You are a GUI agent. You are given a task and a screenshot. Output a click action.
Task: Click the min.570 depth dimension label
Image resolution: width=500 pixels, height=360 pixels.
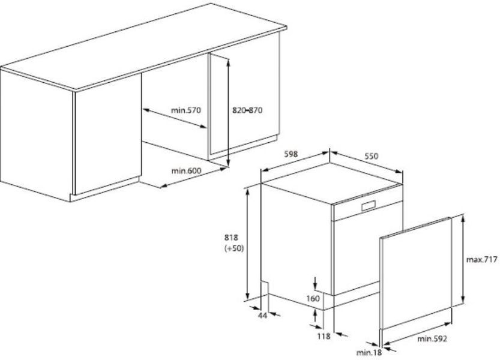(186, 110)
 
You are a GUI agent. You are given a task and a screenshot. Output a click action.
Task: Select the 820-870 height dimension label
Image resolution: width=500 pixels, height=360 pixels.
(247, 110)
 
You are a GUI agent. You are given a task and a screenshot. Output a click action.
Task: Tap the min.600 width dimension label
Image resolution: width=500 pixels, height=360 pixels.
(186, 170)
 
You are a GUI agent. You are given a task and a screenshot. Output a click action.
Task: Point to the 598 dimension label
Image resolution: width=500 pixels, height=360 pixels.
(290, 154)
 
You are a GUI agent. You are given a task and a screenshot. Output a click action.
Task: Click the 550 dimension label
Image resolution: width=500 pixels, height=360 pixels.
(371, 156)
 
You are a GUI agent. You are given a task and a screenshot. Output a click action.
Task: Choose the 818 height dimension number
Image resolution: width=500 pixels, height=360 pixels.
(231, 238)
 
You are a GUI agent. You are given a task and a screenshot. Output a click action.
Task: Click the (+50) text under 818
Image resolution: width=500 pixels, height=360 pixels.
(233, 248)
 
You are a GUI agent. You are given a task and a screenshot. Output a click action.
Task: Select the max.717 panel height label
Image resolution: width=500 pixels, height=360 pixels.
(481, 260)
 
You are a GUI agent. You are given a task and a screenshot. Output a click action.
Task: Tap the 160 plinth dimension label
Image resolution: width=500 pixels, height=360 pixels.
(313, 298)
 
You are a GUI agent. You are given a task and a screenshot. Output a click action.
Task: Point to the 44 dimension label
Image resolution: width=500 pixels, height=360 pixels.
(262, 316)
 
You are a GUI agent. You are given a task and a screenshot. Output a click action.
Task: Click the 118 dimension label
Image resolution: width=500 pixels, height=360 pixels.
(324, 336)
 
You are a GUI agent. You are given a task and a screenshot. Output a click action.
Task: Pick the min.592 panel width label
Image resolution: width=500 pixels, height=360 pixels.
(432, 338)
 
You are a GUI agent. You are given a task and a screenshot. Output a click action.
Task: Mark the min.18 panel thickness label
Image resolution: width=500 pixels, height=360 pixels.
(369, 352)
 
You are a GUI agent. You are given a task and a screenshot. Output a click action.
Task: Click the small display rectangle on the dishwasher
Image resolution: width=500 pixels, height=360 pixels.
(369, 206)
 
